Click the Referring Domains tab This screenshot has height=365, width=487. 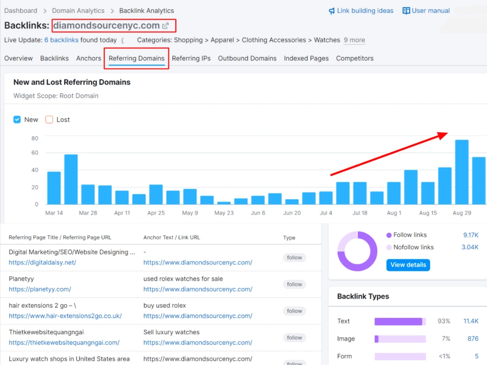click(x=136, y=58)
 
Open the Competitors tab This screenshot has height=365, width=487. click(x=355, y=58)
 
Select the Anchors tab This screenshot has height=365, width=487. click(x=89, y=58)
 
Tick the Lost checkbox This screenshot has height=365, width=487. click(x=49, y=120)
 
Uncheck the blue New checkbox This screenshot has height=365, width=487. click(x=17, y=120)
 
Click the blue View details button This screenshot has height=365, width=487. click(x=408, y=265)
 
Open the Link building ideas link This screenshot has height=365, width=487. click(x=361, y=11)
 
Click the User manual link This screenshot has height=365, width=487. click(x=426, y=11)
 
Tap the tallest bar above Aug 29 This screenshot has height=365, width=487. click(x=462, y=172)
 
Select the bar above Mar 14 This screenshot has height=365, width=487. click(x=54, y=188)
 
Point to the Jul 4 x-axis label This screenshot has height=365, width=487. click(x=326, y=213)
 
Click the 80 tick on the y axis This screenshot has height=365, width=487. click(x=35, y=138)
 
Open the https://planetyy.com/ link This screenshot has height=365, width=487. click(x=40, y=289)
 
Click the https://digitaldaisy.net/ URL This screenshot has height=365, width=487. click(x=42, y=263)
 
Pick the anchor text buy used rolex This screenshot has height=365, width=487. click(x=165, y=306)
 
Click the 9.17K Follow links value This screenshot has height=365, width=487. click(x=471, y=235)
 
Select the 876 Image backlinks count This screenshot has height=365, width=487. click(x=473, y=339)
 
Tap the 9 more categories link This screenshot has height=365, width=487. click(x=355, y=40)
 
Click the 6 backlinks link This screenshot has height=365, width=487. click(x=61, y=40)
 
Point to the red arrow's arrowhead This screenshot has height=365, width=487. click(x=443, y=135)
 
